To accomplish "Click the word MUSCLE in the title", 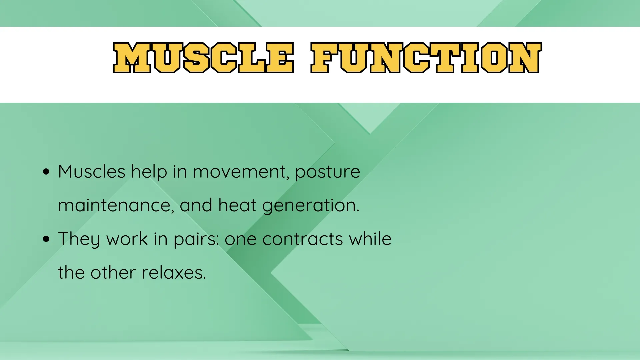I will tap(203, 58).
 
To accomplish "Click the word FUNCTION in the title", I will tap(426, 58).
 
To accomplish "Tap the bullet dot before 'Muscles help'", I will tap(46, 172).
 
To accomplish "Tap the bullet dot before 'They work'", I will tap(46, 239).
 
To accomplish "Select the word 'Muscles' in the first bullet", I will tap(92, 172).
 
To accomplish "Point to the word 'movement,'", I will tap(241, 172).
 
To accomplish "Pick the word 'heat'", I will tap(237, 205).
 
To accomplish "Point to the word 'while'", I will tap(370, 239).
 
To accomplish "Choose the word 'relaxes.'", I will tap(174, 273).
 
